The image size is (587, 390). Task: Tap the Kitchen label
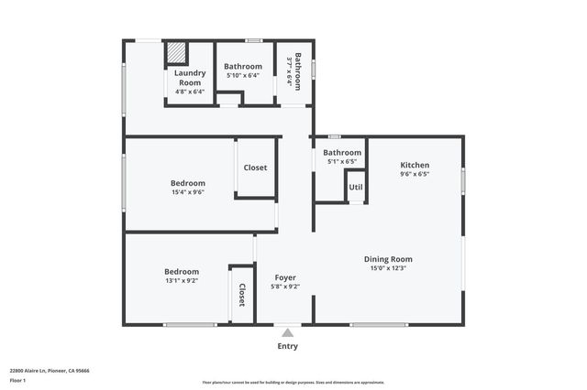point(415,166)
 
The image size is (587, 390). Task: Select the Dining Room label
point(388,259)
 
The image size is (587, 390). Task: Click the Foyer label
point(285,276)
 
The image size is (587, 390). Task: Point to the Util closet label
point(356,188)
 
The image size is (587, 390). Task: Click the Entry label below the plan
point(287,346)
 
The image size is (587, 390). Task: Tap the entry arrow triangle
point(287,333)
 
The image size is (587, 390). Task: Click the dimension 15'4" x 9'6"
point(187,192)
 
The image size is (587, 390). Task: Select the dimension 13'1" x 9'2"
point(182,281)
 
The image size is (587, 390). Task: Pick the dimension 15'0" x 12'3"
point(388,268)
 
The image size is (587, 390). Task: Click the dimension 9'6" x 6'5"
point(415,174)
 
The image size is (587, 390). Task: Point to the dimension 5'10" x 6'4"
point(243,75)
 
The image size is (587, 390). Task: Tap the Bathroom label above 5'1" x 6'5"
point(342,153)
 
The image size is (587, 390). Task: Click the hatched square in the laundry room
point(176,53)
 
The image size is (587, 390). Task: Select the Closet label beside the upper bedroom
point(255,168)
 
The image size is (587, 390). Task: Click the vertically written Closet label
point(242,294)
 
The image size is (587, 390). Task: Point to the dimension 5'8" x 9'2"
point(285,286)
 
